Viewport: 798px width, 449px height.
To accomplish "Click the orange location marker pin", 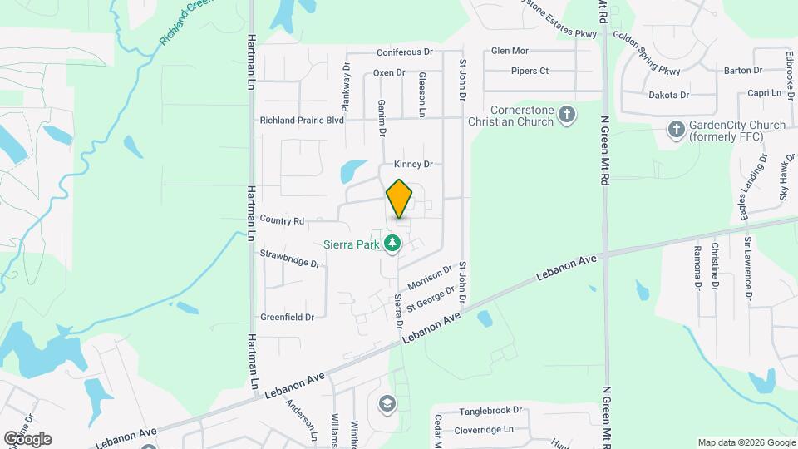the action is click(399, 199).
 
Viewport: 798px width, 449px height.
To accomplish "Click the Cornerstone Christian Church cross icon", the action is click(567, 115).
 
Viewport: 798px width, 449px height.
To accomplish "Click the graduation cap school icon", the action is click(386, 404).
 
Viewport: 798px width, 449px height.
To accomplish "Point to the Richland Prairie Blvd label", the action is click(302, 121).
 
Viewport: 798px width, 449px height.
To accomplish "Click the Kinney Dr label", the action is click(414, 165).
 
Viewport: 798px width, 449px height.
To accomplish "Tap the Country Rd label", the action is click(282, 220).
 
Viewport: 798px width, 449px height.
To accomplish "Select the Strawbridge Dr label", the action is click(290, 257).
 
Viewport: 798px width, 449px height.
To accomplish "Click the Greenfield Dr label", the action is click(287, 317).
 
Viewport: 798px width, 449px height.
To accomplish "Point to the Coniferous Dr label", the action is click(405, 52).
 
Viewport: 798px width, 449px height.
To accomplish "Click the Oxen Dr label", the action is click(388, 72).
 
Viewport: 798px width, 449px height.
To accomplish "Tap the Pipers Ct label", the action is click(530, 71).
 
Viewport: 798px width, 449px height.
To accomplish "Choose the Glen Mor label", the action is click(510, 51).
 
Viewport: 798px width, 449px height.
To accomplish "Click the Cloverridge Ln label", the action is click(484, 431).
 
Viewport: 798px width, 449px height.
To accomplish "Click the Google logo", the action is click(27, 438).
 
